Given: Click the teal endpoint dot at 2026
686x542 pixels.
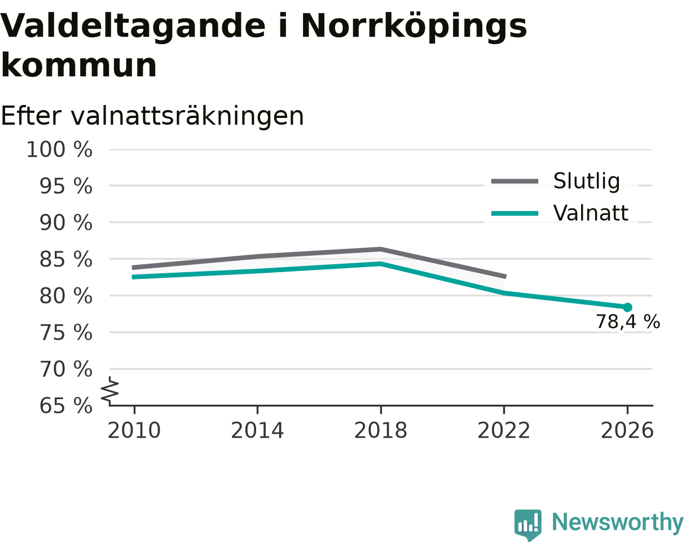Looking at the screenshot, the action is (x=627, y=307).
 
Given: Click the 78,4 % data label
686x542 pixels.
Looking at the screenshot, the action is (x=628, y=322).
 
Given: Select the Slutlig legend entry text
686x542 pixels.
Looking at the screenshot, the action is (x=587, y=182).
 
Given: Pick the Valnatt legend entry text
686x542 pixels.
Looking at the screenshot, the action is (x=591, y=213).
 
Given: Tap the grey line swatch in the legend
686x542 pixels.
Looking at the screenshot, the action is (x=514, y=182).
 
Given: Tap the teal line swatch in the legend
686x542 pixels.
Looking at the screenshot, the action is (x=514, y=213).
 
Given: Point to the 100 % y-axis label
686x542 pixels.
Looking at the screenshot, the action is (x=59, y=150).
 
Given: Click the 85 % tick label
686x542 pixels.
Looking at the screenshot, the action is (x=66, y=259).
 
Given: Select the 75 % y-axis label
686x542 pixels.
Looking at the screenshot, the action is (x=66, y=333).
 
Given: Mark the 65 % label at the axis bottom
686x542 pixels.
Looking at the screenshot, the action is (x=66, y=406).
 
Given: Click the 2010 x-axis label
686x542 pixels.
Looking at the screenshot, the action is (x=134, y=431).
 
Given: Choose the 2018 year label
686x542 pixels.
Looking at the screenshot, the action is (x=381, y=431).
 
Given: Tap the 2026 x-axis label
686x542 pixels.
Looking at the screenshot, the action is (x=627, y=431).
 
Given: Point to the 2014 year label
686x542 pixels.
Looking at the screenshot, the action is (x=257, y=431).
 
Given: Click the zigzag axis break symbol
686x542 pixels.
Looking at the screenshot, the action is (x=110, y=388).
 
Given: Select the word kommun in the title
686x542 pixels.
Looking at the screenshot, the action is (x=79, y=65).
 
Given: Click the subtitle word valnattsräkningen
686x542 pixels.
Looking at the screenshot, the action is (x=187, y=116).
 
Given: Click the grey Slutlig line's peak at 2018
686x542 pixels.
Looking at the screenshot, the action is (x=381, y=249).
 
